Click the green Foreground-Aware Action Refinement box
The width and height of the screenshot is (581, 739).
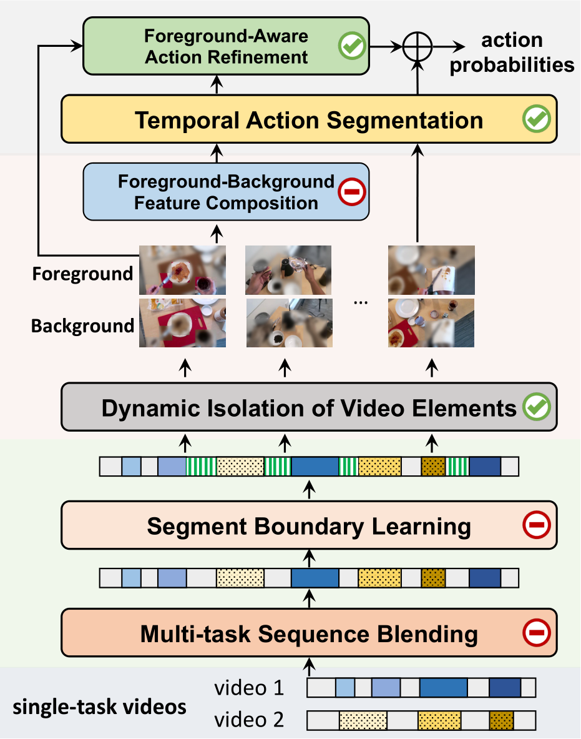click(x=226, y=46)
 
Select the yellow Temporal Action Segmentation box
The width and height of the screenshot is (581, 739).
click(x=309, y=119)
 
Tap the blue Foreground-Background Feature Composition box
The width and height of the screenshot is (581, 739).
click(x=226, y=192)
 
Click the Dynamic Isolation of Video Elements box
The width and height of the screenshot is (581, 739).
click(x=309, y=407)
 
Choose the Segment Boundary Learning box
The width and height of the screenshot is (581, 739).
click(x=309, y=525)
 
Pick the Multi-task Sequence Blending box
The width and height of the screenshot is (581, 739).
click(x=309, y=633)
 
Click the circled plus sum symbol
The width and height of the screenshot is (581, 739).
click(x=417, y=47)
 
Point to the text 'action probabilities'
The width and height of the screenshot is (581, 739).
click(x=512, y=52)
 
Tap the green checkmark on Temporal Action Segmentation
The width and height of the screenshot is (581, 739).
click(x=537, y=118)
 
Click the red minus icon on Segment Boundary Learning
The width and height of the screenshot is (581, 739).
click(x=537, y=525)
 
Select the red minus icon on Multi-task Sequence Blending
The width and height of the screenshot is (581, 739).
click(x=537, y=632)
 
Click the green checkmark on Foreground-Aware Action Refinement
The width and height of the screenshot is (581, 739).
click(x=352, y=46)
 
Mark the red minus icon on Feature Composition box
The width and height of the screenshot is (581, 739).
click(x=352, y=191)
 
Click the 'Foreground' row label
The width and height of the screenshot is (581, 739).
click(x=82, y=274)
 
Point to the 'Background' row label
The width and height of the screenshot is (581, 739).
click(x=82, y=325)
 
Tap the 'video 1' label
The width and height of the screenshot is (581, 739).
click(x=249, y=688)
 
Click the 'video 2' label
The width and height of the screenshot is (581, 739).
click(x=249, y=720)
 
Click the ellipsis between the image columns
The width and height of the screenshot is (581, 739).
click(x=361, y=302)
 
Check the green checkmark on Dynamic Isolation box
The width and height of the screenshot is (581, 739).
click(x=537, y=406)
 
